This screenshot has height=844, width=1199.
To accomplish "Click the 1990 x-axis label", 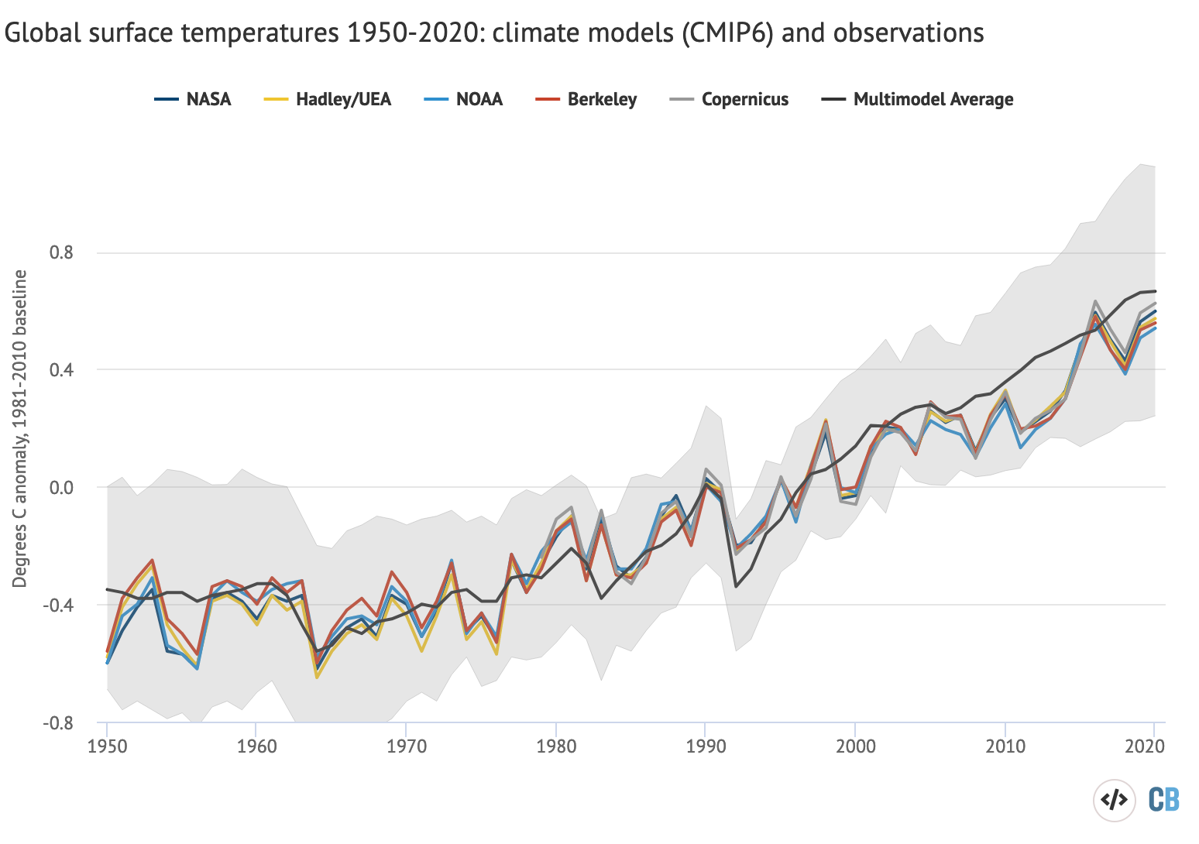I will pyautogui.click(x=705, y=746).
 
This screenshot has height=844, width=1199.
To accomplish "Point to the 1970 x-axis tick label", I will pyautogui.click(x=406, y=746).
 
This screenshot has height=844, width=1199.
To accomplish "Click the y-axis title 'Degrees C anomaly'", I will pyautogui.click(x=21, y=428).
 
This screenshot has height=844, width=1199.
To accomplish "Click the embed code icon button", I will pyautogui.click(x=1113, y=800).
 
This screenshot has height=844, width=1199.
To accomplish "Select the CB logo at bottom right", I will pyautogui.click(x=1163, y=800).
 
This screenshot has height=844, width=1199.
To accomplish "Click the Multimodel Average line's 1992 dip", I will pyautogui.click(x=735, y=586).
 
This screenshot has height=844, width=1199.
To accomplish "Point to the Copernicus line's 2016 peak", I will pyautogui.click(x=1095, y=300).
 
